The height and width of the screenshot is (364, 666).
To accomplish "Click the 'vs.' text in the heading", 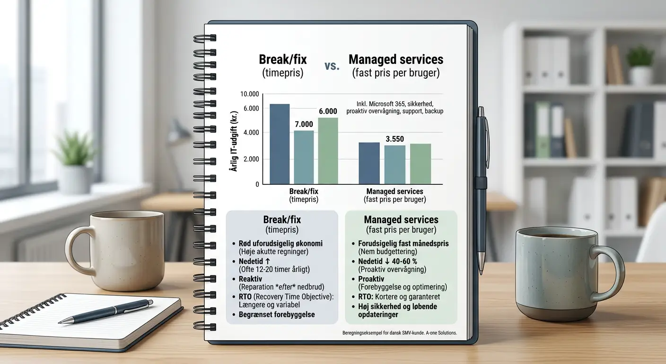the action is click(332, 65).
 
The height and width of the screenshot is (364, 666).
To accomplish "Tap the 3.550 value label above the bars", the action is click(394, 139).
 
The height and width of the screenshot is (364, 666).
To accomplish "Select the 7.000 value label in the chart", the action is click(304, 124).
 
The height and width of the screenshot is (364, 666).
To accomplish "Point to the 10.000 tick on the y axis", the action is click(249, 94).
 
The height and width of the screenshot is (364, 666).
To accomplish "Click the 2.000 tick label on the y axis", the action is click(251, 159).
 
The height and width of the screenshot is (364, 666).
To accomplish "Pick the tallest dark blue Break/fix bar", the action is click(280, 144).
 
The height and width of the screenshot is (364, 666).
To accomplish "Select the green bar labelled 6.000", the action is click(328, 151).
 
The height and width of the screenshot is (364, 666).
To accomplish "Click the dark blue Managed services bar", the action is click(369, 163).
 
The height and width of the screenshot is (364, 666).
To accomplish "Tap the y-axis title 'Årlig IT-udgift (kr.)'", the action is click(234, 141).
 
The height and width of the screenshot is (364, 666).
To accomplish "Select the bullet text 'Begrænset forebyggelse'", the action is click(277, 315).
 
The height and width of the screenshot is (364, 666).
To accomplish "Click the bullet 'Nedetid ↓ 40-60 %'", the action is click(387, 262).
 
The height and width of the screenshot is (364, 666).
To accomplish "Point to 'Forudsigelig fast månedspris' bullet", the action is click(403, 243).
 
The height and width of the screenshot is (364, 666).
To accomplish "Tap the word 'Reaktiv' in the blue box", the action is click(250, 279).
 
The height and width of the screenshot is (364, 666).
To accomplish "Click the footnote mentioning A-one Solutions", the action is click(400, 333).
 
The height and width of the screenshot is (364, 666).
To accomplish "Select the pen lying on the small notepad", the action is click(105, 311).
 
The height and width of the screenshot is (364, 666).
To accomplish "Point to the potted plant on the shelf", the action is click(640, 65).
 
